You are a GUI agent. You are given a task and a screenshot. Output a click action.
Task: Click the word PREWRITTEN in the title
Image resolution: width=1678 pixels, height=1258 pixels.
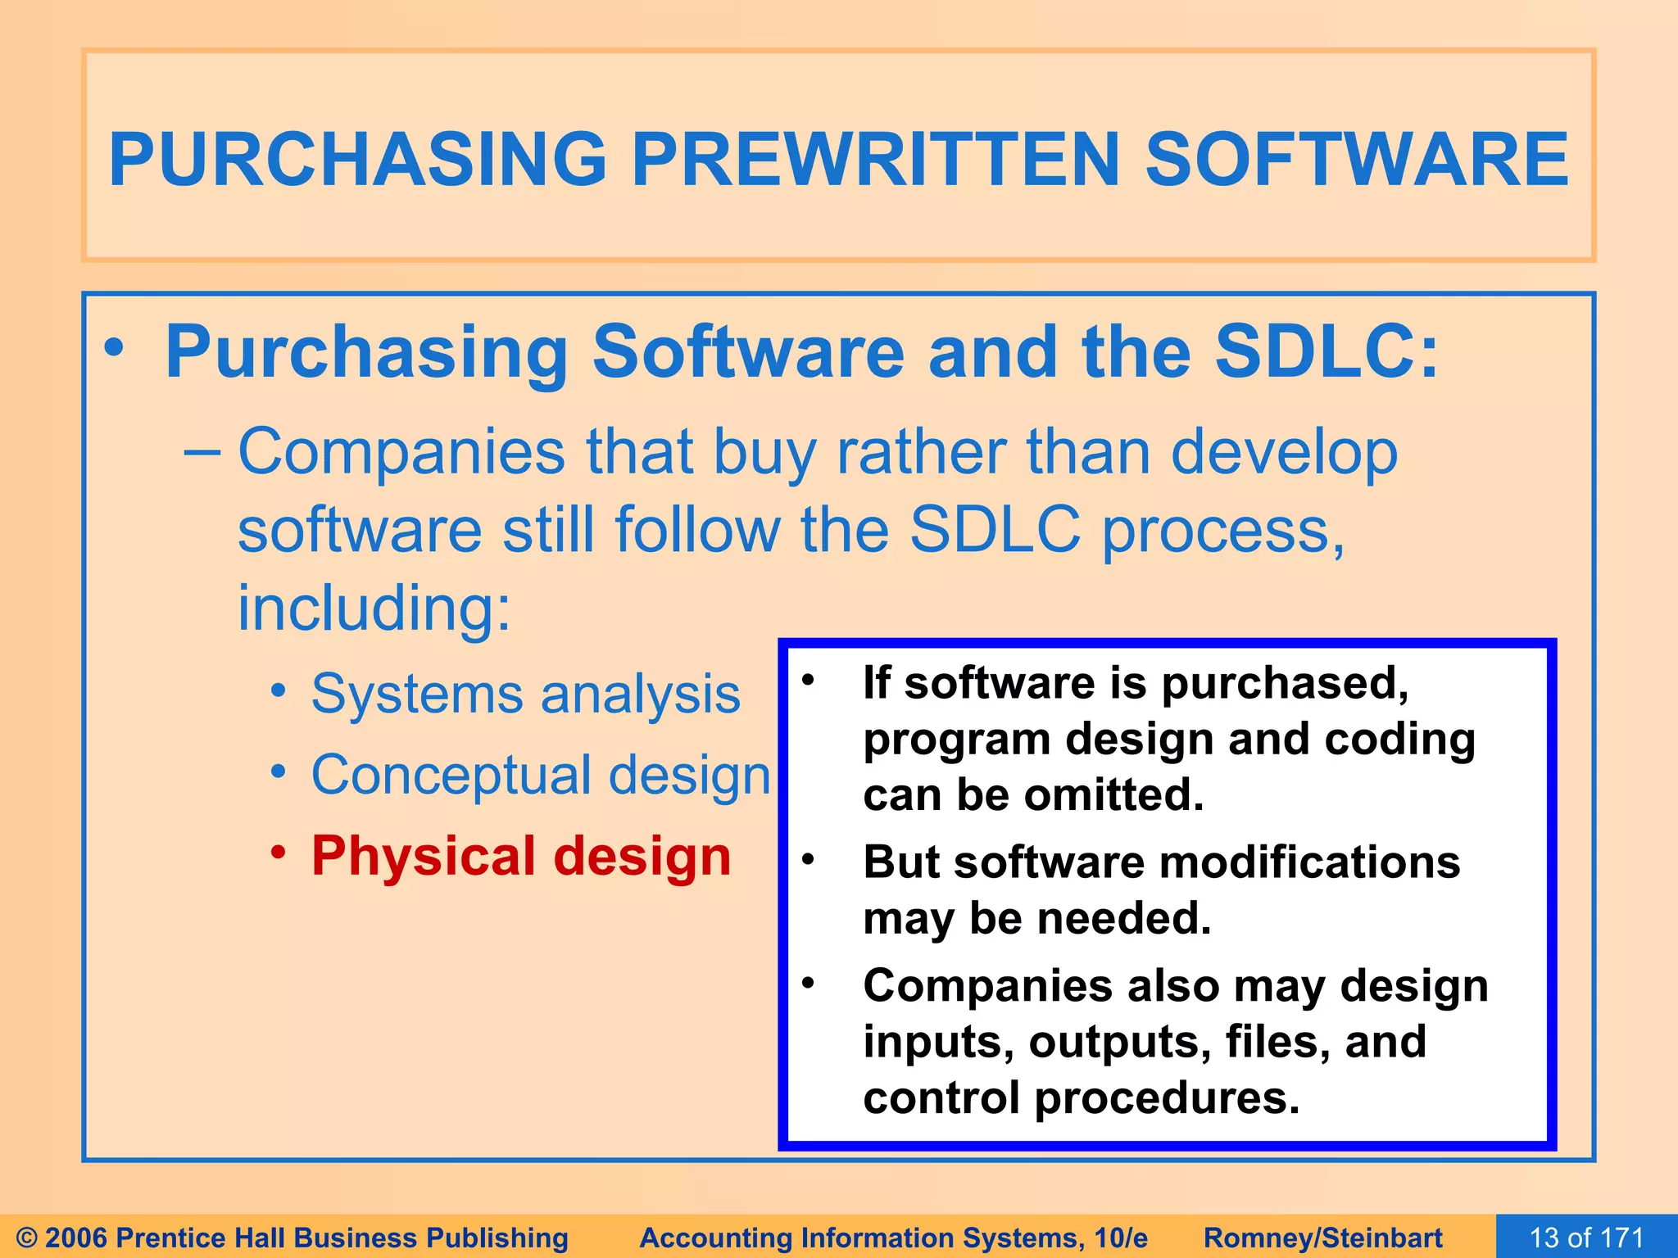pyautogui.click(x=875, y=160)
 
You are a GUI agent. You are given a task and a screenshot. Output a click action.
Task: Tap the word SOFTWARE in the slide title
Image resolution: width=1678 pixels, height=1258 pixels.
pyautogui.click(x=1356, y=160)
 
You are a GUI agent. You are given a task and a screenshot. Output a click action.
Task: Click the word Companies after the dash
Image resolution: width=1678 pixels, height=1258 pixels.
pyautogui.click(x=401, y=452)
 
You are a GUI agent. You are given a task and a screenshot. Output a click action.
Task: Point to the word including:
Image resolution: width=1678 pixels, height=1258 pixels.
pyautogui.click(x=374, y=608)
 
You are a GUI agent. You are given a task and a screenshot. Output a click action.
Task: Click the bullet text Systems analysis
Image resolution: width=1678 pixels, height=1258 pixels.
pyautogui.click(x=525, y=695)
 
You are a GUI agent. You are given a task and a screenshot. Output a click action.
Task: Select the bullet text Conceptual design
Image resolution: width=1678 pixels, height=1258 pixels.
pyautogui.click(x=541, y=775)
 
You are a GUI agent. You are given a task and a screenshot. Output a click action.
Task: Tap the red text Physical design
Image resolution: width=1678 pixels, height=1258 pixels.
pyautogui.click(x=521, y=857)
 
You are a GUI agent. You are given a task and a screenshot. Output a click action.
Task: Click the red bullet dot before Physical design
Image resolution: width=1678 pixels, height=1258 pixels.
pyautogui.click(x=279, y=853)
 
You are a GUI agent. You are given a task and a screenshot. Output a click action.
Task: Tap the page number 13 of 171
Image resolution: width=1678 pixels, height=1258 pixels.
pyautogui.click(x=1586, y=1238)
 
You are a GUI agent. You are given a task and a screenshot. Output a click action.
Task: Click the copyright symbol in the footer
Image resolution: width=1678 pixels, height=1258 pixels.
pyautogui.click(x=26, y=1238)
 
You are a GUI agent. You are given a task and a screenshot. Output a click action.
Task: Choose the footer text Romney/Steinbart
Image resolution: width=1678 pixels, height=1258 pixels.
pyautogui.click(x=1322, y=1238)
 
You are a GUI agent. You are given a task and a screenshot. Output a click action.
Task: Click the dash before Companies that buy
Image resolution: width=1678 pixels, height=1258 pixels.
pyautogui.click(x=202, y=451)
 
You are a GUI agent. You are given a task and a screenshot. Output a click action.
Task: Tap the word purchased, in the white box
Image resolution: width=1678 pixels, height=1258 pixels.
pyautogui.click(x=1285, y=683)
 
